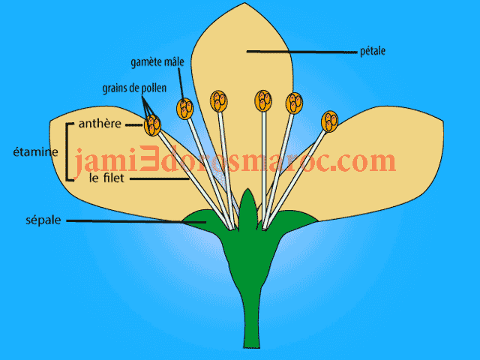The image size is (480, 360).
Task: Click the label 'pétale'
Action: [x=373, y=52]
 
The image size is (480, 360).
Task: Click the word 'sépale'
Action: [x=44, y=221]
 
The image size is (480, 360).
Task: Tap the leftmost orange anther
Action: [x=152, y=126]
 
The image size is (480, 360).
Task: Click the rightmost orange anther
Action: [x=329, y=120]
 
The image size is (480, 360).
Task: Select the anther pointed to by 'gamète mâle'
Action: [x=184, y=108]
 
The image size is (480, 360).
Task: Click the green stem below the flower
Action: [x=252, y=322]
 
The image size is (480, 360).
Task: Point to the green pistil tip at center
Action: [x=248, y=202]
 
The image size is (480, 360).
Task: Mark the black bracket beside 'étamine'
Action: [x=68, y=151]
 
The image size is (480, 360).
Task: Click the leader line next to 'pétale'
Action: [x=300, y=52]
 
